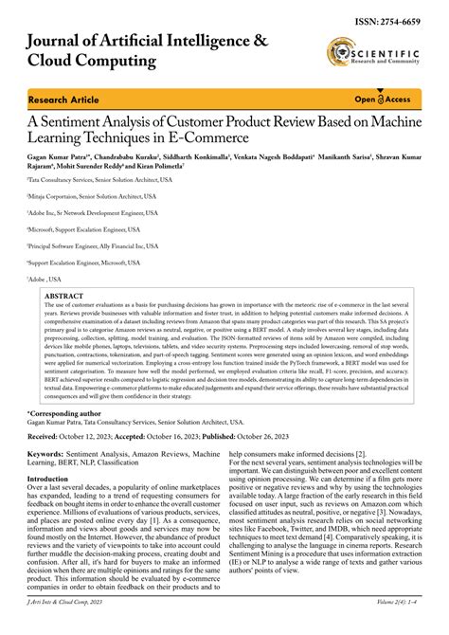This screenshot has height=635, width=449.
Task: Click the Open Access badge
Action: click(382, 100)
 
